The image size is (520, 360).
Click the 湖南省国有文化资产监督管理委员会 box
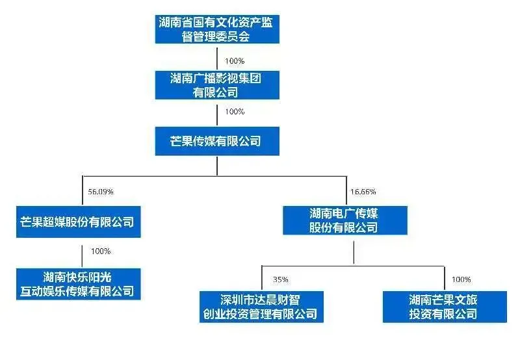[x=217, y=29]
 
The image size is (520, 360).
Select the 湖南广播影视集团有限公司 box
[x=217, y=85]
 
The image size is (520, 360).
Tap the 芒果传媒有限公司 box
[x=217, y=141]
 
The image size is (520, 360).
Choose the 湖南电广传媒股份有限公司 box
[x=344, y=220]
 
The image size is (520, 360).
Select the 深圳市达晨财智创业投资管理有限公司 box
[x=261, y=307]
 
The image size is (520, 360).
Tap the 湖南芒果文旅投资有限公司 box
[x=445, y=307]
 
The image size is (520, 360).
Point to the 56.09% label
[x=101, y=192]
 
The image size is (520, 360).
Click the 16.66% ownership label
[x=363, y=192]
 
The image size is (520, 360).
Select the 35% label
[x=280, y=279]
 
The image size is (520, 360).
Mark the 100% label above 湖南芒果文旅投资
[x=461, y=279]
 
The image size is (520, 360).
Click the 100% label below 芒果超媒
[x=101, y=251]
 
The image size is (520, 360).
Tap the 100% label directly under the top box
[x=234, y=61]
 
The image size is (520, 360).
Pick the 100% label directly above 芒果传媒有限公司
[x=234, y=112]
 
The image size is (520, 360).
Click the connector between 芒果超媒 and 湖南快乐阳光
[x=82, y=255]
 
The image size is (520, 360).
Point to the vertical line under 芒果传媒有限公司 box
[x=217, y=165]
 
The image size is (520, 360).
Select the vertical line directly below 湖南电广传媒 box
[x=353, y=250]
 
